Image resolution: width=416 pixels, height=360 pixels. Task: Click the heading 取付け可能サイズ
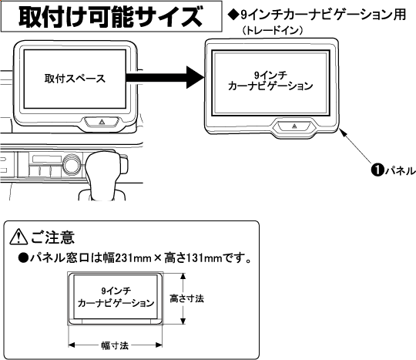tap(111, 16)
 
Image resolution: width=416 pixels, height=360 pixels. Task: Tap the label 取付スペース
tap(75, 79)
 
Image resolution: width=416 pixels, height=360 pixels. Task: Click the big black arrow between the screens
tap(165, 77)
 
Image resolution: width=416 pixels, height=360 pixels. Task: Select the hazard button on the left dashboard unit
tap(102, 122)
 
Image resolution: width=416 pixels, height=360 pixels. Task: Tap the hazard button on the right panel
tap(294, 126)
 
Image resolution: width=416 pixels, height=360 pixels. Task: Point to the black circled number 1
tap(377, 170)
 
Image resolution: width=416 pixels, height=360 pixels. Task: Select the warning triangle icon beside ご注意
tap(18, 237)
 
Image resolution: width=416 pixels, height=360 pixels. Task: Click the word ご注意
tap(53, 237)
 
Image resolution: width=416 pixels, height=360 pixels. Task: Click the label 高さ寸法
tap(186, 298)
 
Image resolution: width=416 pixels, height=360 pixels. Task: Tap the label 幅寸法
tap(115, 345)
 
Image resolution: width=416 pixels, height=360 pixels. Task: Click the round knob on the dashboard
tap(72, 163)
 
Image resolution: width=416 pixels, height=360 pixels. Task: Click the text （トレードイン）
tap(273, 31)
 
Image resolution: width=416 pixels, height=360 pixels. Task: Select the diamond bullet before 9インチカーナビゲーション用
tap(233, 15)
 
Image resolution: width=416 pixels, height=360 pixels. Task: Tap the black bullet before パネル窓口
tap(23, 257)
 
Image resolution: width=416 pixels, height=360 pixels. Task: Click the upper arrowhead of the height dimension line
tap(183, 277)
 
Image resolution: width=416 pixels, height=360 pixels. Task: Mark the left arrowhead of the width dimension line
tap(72, 345)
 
